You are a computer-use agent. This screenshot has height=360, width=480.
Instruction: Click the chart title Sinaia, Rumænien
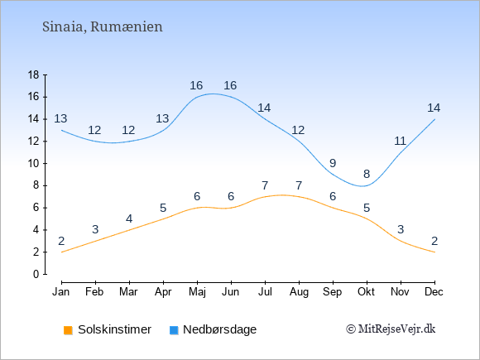click(x=103, y=27)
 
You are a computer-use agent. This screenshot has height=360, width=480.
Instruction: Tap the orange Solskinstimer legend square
click(x=68, y=330)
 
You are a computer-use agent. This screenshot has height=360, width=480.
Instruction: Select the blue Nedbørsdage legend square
click(x=174, y=330)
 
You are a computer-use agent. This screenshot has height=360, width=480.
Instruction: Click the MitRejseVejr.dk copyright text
click(x=391, y=329)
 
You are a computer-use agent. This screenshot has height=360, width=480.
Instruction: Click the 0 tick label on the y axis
click(x=36, y=274)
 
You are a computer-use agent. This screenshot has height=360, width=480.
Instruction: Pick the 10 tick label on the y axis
click(x=34, y=164)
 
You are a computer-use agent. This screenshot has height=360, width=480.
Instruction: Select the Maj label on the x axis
click(x=197, y=292)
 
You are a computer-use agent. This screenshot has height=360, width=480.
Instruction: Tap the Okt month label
click(x=366, y=292)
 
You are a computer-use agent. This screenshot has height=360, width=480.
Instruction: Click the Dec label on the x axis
click(x=434, y=292)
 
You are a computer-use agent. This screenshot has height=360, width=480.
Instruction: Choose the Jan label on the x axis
click(x=61, y=292)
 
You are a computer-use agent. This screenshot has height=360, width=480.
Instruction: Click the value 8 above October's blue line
click(x=367, y=174)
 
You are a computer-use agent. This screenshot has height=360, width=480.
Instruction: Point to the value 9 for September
click(x=333, y=163)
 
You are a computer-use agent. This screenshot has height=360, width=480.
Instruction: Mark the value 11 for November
click(x=400, y=142)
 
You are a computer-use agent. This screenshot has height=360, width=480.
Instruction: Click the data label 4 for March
click(x=129, y=218)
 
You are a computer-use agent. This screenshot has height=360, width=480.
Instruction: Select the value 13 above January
click(x=60, y=118)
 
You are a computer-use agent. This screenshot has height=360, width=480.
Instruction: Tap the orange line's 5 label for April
click(x=163, y=209)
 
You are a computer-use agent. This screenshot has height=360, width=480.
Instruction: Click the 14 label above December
click(x=434, y=108)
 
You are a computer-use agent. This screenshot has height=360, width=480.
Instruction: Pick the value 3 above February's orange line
click(x=95, y=229)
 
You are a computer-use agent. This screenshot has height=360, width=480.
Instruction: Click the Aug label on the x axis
click(x=299, y=292)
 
